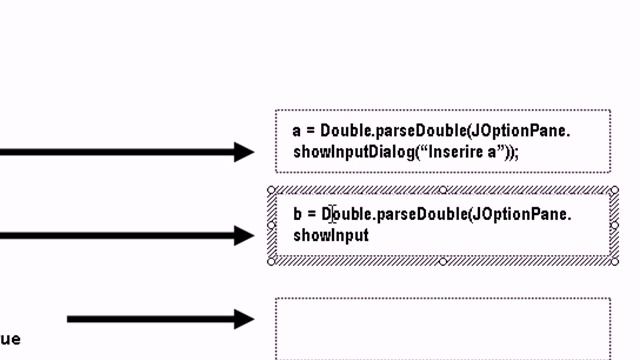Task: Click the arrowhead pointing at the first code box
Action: pos(244,152)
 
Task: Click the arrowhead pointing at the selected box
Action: pos(244,236)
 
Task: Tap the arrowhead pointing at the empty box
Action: pos(244,319)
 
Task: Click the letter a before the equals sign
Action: pos(297,131)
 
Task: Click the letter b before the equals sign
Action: pos(298,214)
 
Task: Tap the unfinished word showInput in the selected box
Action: pos(331,235)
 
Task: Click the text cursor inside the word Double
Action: pos(333,214)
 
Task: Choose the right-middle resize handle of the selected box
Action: pos(613,225)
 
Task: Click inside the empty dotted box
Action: pos(442,328)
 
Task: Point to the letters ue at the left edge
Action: pos(10,339)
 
